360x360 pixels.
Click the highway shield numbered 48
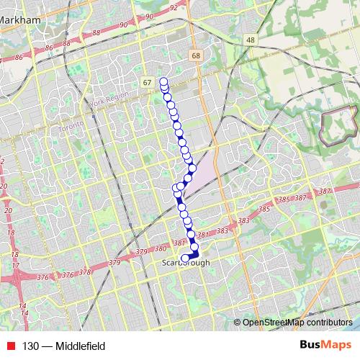click(250, 40)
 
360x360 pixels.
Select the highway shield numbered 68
click(195, 55)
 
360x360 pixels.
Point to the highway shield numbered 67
click(147, 83)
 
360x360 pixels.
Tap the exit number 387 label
click(323, 191)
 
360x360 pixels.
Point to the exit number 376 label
click(68, 275)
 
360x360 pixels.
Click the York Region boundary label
click(109, 99)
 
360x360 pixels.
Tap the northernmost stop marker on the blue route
click(163, 81)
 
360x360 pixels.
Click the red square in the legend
click(9, 346)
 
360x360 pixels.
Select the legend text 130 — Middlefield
click(63, 346)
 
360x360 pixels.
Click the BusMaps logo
click(325, 345)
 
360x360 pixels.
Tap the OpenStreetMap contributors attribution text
click(297, 323)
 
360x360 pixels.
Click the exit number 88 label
click(96, 32)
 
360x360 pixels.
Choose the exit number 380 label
click(161, 248)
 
